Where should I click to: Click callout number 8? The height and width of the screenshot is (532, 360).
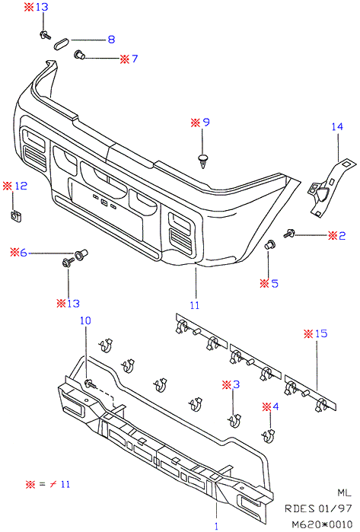point(111,40)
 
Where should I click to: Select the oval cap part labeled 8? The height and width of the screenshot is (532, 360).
point(62,44)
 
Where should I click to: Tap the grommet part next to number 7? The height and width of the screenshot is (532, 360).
point(80,55)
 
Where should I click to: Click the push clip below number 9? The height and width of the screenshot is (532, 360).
point(203,161)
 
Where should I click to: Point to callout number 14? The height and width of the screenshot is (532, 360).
point(337,126)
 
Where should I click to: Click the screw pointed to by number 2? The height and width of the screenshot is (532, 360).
point(289,234)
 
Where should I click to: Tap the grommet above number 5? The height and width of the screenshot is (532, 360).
point(270,244)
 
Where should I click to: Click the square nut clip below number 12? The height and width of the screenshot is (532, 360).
point(15,216)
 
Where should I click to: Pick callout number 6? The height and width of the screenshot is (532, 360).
point(23,253)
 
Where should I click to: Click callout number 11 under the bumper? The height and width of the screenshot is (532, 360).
point(195,305)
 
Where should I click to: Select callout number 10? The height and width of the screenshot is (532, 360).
point(85,320)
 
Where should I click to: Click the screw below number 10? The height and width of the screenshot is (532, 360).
point(91,384)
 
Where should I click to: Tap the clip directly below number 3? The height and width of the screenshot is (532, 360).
point(234,420)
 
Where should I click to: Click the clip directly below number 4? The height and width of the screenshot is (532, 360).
point(269,435)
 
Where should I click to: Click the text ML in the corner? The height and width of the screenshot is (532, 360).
point(344,492)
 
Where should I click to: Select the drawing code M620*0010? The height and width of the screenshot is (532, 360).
point(323,524)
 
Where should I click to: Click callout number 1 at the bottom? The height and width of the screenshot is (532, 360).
point(216,527)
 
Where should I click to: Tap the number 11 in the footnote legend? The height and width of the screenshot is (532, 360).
point(65,484)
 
